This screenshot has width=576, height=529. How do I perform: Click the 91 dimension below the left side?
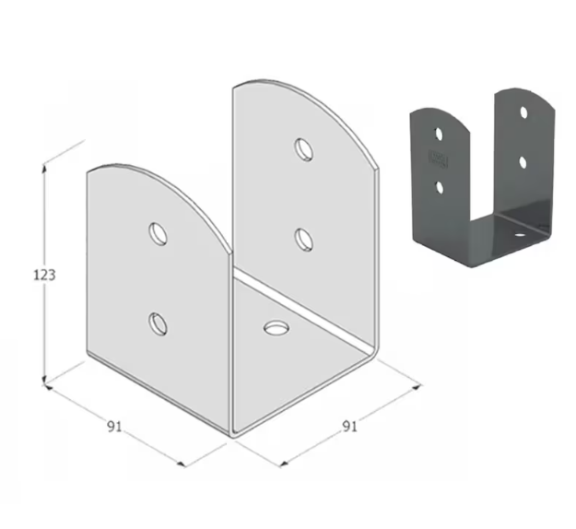click(x=115, y=426)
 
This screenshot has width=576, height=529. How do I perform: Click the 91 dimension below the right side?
click(x=349, y=426)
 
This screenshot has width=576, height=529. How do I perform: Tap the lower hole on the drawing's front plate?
click(x=159, y=322)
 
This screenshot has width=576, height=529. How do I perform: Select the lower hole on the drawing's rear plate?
click(x=303, y=240)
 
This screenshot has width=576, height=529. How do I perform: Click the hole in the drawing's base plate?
click(x=275, y=326)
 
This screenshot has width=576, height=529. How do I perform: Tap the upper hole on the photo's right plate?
click(x=523, y=112)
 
